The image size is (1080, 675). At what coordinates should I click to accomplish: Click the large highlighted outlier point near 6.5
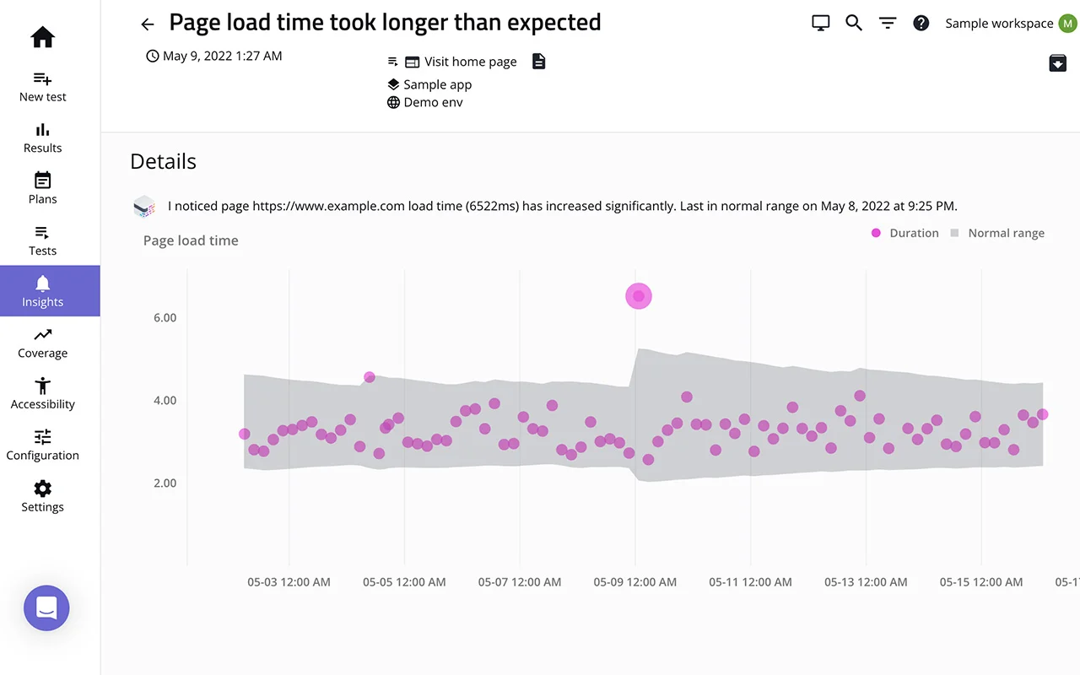pos(639,296)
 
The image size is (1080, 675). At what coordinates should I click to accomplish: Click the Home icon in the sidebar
pos(42,37)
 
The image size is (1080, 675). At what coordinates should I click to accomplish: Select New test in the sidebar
pos(42,87)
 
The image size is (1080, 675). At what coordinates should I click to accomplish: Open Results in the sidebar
pos(42,138)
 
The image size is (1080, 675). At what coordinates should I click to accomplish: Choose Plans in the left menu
pos(42,189)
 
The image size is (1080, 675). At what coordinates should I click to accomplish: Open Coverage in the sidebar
pos(42,343)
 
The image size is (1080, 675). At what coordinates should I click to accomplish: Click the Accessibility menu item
pos(42,394)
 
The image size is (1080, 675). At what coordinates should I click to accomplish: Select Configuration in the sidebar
pos(42,445)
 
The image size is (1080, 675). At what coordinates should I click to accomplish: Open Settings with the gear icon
pos(42,496)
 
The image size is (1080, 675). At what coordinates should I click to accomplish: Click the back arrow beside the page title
pos(148,24)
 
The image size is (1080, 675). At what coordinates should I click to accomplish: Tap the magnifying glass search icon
pos(854,24)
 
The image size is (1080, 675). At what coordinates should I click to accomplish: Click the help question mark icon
pos(921,24)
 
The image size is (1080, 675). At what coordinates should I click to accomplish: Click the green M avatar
pos(1068,24)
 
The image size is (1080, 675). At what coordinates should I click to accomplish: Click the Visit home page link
pos(470,62)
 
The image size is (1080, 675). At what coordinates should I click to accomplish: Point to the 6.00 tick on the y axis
pos(165,318)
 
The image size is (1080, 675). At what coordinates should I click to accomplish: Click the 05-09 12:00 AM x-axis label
pos(634,582)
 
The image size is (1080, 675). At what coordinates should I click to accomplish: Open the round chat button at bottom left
pos(46,607)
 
